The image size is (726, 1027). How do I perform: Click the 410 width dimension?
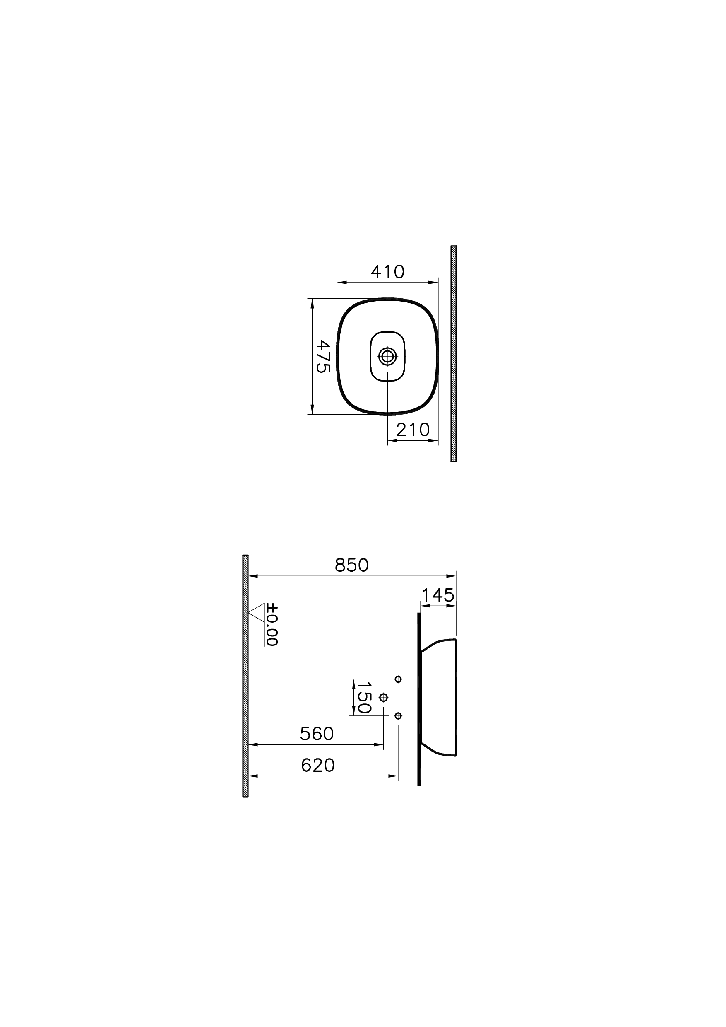coord(387,272)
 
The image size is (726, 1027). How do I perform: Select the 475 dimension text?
coord(323,356)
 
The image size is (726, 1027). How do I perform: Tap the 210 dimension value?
coord(413,430)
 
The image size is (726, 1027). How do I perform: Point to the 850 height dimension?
coord(351,565)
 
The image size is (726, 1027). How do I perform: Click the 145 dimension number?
coord(438,595)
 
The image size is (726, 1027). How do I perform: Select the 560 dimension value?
coord(317,734)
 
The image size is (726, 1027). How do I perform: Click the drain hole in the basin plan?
coord(387,356)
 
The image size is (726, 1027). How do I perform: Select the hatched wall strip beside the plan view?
coord(453,353)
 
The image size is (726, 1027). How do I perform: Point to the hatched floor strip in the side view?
coord(245,676)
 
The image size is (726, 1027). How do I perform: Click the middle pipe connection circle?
coord(383,697)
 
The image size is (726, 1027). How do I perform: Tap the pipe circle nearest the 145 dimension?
coord(398,679)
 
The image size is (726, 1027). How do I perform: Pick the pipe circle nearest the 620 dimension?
coord(398,716)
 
